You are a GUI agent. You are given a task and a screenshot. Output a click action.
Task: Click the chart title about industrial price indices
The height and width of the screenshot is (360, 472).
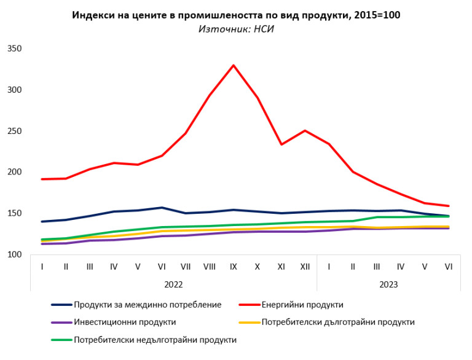(x=236, y=15)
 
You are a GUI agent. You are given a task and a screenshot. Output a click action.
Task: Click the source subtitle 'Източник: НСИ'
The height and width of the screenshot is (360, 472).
(x=236, y=29)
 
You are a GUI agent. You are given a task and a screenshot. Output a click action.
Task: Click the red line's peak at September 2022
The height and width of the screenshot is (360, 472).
(x=234, y=65)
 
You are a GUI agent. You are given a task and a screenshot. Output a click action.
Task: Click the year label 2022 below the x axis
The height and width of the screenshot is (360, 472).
(x=174, y=284)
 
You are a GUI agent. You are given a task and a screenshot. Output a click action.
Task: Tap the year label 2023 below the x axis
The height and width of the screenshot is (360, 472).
(x=388, y=284)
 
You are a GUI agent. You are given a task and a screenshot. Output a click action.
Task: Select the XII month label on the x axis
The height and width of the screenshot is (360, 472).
(x=304, y=267)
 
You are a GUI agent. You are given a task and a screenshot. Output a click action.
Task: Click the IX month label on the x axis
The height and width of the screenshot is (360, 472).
(x=234, y=267)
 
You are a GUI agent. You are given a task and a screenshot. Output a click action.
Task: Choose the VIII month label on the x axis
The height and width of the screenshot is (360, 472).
(x=210, y=267)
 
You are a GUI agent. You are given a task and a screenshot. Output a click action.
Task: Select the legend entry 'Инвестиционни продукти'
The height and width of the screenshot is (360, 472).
(x=125, y=322)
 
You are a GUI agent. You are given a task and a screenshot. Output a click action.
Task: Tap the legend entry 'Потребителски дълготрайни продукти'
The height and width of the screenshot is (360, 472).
(x=338, y=322)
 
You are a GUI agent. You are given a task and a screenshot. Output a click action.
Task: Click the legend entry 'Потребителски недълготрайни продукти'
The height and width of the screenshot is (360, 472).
(x=155, y=340)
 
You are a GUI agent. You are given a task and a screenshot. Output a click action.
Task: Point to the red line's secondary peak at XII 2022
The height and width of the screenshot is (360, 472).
(x=304, y=130)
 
